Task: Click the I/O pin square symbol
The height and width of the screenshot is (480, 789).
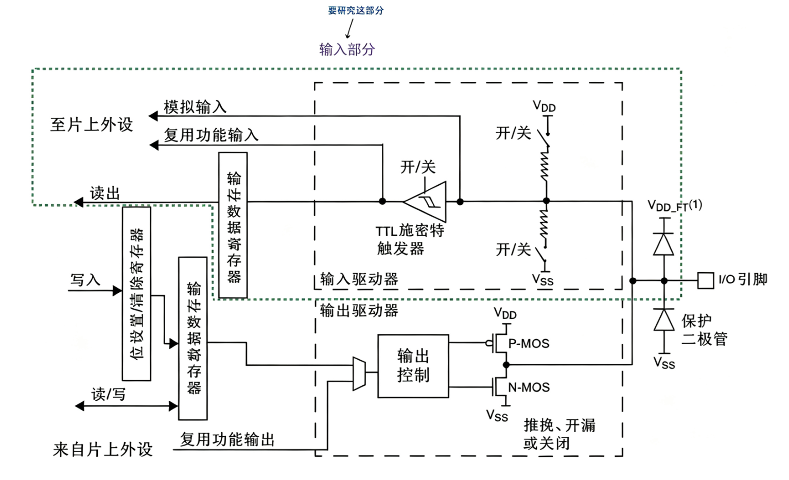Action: point(706,281)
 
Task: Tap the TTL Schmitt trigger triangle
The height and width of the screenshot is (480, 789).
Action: point(426,202)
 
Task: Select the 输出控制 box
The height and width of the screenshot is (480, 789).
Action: point(413,366)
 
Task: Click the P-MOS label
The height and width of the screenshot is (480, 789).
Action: point(529,343)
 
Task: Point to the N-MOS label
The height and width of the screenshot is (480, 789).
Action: point(529,387)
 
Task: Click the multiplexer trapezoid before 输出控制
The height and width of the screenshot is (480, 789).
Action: point(359,374)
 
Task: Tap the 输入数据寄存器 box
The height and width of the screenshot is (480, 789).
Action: point(233,225)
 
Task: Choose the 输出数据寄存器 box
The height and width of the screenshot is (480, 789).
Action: point(192,339)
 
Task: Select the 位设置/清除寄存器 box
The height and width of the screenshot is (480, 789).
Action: point(137,294)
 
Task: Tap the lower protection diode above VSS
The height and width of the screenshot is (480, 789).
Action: point(664,320)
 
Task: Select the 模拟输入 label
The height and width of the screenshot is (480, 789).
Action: point(195,106)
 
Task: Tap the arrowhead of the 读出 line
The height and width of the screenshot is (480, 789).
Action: point(78,202)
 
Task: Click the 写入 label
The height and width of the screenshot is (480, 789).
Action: point(85,280)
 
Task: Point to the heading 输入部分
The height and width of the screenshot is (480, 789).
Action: point(347,49)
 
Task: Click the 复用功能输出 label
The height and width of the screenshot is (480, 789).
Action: point(227,439)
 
